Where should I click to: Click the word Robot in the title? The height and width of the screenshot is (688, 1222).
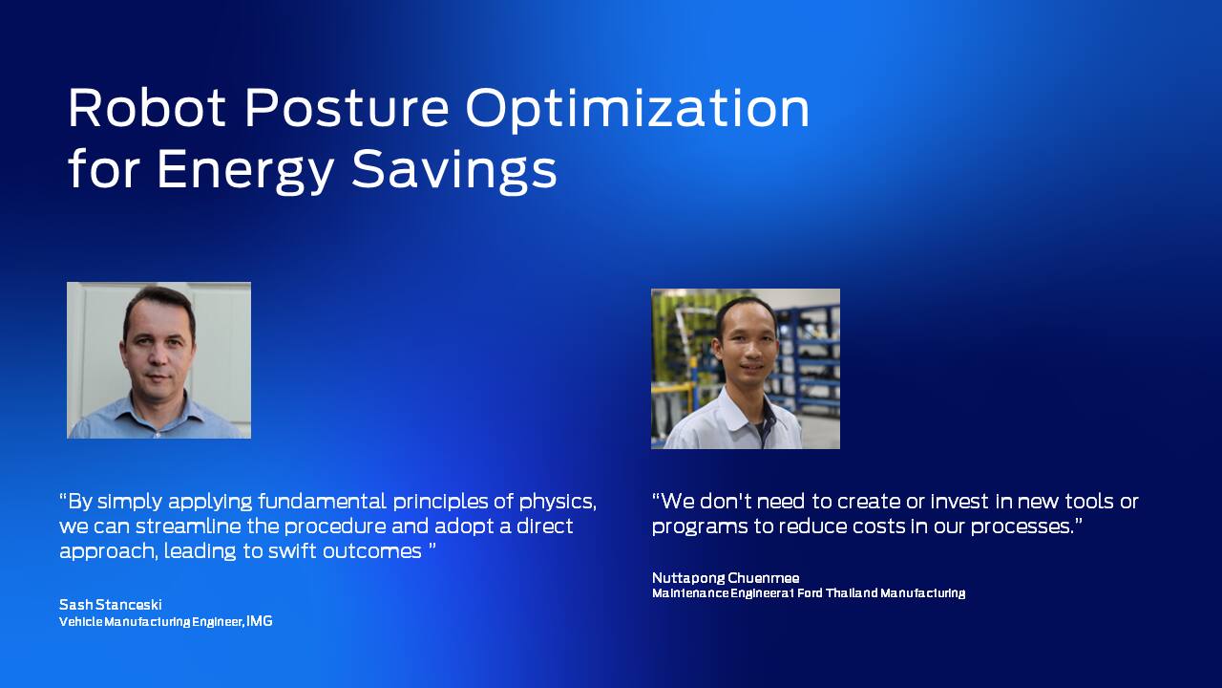(147, 108)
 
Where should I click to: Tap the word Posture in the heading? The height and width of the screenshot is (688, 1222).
(347, 108)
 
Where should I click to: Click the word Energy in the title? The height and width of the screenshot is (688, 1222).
(244, 171)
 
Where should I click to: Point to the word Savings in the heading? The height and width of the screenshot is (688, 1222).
(453, 171)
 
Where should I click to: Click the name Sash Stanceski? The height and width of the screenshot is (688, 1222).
(110, 605)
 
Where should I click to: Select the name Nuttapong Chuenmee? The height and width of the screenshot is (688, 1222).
(726, 578)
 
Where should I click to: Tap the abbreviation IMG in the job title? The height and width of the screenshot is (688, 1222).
(259, 621)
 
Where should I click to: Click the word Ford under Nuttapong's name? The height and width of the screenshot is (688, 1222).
(811, 593)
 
